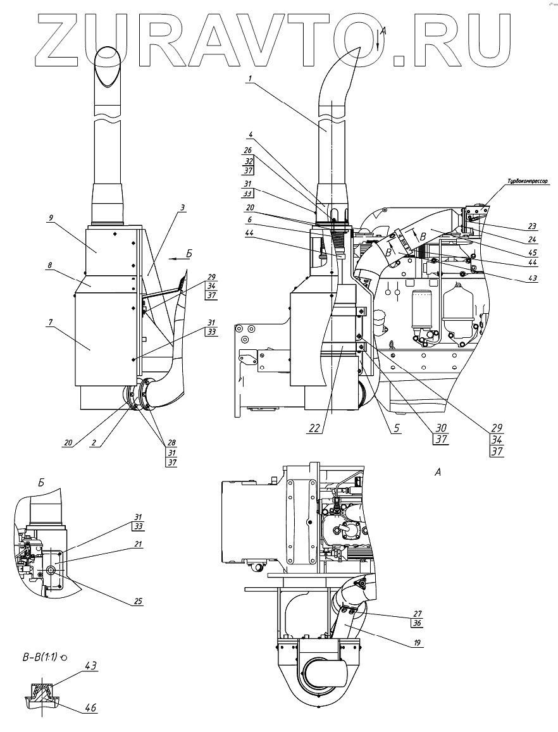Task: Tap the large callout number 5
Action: pyautogui.click(x=396, y=428)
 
